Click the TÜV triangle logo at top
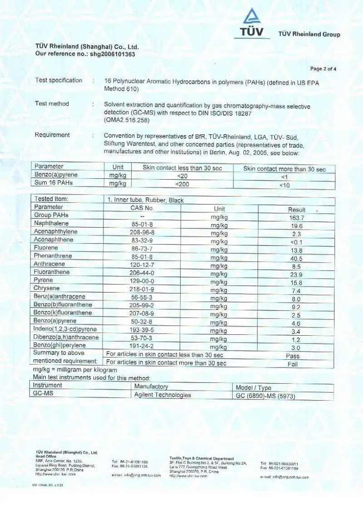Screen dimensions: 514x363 click(x=250, y=17)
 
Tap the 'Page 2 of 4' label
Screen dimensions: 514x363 click(x=323, y=69)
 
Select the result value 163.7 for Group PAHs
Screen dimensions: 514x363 click(x=296, y=218)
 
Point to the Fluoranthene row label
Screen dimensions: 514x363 click(x=52, y=272)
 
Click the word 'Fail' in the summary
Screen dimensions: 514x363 click(x=293, y=364)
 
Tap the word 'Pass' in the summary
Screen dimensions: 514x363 click(x=293, y=356)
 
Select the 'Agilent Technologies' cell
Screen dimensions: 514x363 click(x=162, y=395)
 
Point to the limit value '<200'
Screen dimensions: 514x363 click(x=182, y=184)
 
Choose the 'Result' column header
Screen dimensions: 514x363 click(x=297, y=210)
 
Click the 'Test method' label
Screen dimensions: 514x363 click(x=52, y=104)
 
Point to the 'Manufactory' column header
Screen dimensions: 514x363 click(x=151, y=387)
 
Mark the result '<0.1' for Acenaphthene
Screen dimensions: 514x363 click(x=296, y=242)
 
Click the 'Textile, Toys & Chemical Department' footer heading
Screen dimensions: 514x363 click(x=201, y=459)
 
